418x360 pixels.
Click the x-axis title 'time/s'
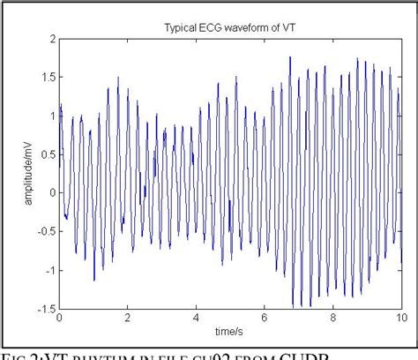[232, 330]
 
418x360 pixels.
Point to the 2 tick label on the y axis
[51, 39]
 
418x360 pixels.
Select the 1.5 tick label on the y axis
[47, 78]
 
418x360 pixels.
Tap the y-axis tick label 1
[51, 116]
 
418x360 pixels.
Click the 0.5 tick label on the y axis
[47, 154]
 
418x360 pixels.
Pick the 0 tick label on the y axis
[51, 193]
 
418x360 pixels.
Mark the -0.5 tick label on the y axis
[45, 231]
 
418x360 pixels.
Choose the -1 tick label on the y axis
[49, 270]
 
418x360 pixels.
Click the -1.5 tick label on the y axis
[45, 308]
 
